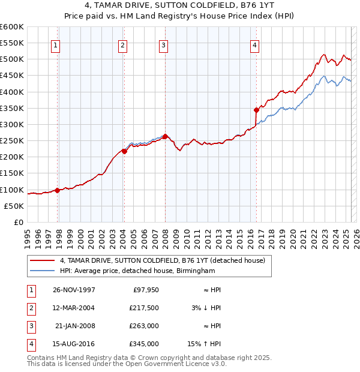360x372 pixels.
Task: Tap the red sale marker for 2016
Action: [256, 110]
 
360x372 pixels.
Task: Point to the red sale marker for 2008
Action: [165, 136]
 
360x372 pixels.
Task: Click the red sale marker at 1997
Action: [58, 190]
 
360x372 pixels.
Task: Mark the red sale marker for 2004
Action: [124, 151]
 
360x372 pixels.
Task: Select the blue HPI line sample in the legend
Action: [42, 271]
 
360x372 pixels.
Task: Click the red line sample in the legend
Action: [42, 260]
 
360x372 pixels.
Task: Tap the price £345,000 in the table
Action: [145, 344]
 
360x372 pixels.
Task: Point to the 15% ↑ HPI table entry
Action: [205, 344]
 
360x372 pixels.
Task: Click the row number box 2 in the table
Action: [31, 308]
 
